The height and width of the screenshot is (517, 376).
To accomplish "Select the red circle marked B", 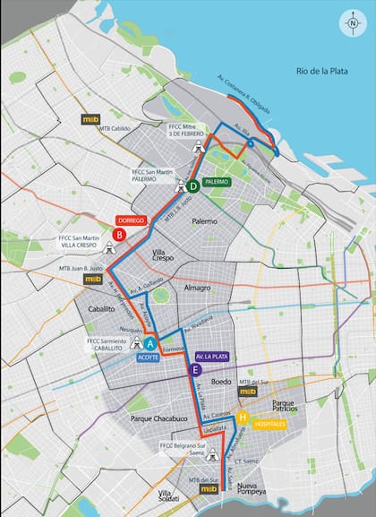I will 118,235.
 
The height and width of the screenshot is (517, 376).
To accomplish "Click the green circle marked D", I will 192,186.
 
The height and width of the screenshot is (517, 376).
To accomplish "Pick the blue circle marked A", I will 150,342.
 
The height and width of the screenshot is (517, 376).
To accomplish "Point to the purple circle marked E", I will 194,369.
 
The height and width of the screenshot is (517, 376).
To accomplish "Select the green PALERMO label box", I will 218,181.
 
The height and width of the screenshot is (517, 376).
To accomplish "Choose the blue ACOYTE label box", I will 149,357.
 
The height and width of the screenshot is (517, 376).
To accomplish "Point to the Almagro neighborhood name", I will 196,288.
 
